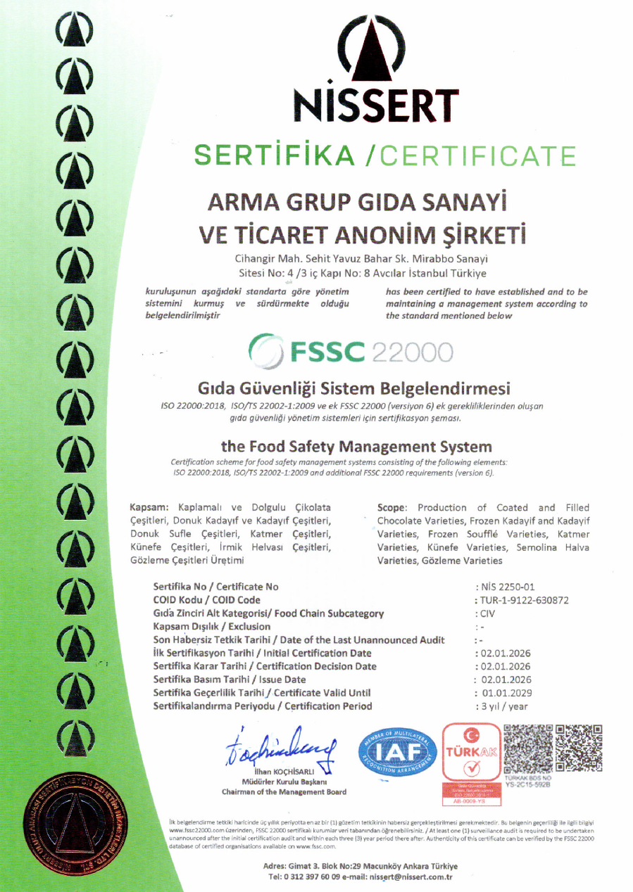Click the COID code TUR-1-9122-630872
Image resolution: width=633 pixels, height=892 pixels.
tap(524, 600)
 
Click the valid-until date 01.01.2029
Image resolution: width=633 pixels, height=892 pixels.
tap(506, 693)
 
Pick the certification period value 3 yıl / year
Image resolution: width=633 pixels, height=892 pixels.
tap(503, 706)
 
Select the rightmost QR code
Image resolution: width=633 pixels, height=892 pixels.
tap(579, 748)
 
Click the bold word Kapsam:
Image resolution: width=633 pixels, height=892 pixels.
tap(150, 508)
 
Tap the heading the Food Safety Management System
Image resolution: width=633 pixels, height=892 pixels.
tap(356, 446)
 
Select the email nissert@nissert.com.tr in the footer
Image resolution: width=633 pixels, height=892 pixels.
tap(412, 877)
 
